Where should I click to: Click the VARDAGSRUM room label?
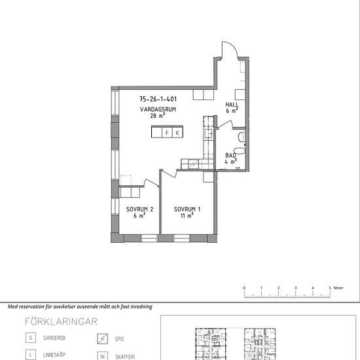click(158, 109)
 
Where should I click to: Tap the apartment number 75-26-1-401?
click(158, 99)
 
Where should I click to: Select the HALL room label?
click(232, 105)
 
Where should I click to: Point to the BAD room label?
click(230, 155)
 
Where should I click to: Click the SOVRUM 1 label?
click(187, 209)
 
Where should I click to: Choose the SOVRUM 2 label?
click(139, 209)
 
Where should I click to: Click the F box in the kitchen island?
click(167, 133)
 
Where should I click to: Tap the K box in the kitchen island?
click(177, 133)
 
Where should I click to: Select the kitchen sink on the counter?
click(209, 134)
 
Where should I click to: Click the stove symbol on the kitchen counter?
click(193, 164)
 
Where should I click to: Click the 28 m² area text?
click(158, 116)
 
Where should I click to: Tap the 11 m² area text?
click(187, 215)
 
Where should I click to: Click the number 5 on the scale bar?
click(330, 288)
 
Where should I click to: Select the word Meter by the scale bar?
click(338, 288)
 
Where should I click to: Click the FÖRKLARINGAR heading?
click(61, 321)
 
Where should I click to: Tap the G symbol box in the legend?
click(31, 338)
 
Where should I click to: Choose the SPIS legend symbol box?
click(102, 338)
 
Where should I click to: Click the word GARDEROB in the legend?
click(54, 338)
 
